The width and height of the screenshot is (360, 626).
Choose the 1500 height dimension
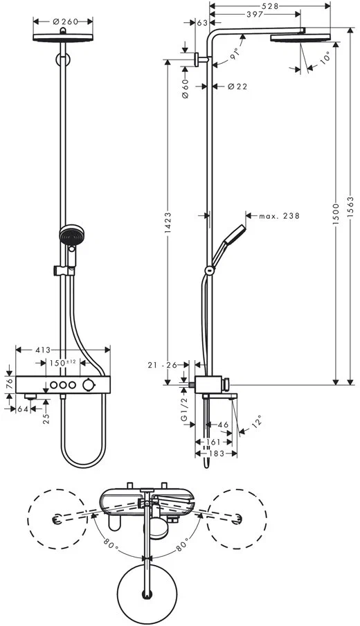[x=334, y=208]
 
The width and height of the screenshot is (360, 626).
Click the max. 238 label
[x=279, y=216]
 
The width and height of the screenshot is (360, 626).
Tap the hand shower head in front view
[x=70, y=237]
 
